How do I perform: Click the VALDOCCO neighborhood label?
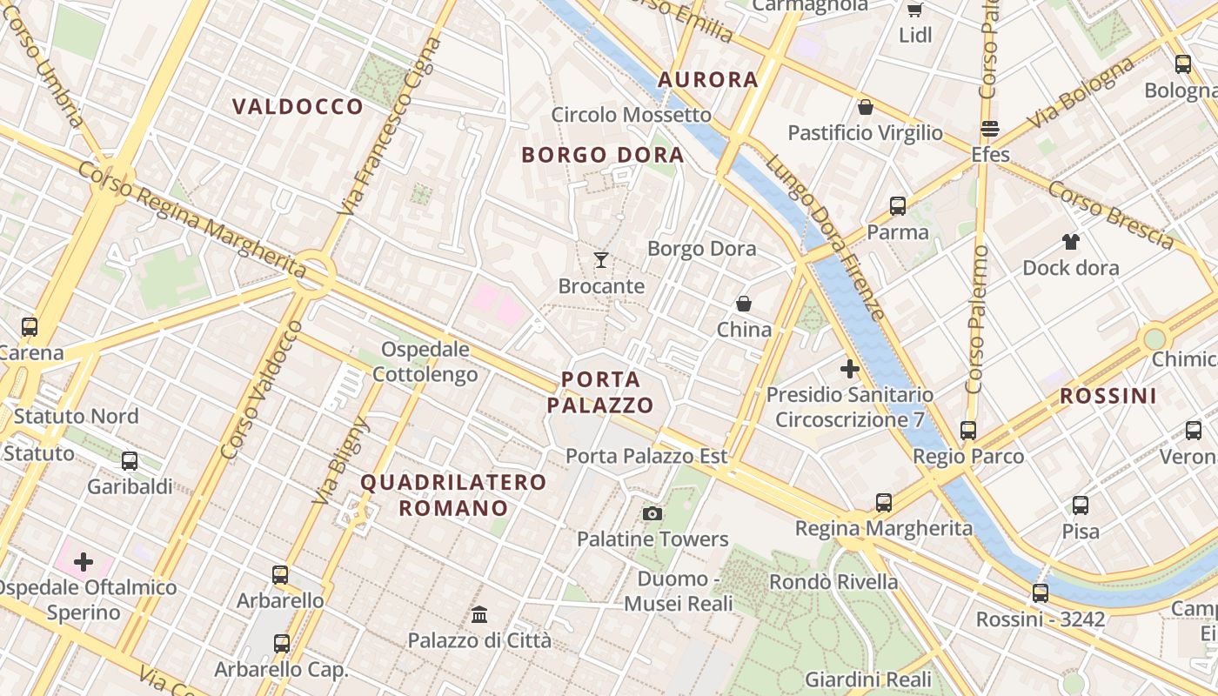pyautogui.click(x=298, y=107)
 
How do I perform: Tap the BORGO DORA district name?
pyautogui.click(x=602, y=156)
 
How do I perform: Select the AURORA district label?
pyautogui.click(x=708, y=80)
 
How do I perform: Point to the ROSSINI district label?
pyautogui.click(x=1108, y=397)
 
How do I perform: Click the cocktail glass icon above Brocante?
pyautogui.click(x=600, y=259)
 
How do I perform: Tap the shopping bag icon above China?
pyautogui.click(x=744, y=304)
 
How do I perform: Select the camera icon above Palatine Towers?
pyautogui.click(x=652, y=513)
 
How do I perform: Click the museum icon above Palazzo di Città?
pyautogui.click(x=479, y=614)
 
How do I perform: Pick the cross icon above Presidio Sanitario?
pyautogui.click(x=850, y=369)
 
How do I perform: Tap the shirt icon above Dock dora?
pyautogui.click(x=1070, y=242)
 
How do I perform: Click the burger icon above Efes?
pyautogui.click(x=990, y=129)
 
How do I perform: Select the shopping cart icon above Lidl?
pyautogui.click(x=914, y=10)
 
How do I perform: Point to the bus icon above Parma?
pyautogui.click(x=898, y=206)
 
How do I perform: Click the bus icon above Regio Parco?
pyautogui.click(x=968, y=430)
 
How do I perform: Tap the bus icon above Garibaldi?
pyautogui.click(x=130, y=461)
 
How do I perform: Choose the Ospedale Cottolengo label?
pyautogui.click(x=425, y=362)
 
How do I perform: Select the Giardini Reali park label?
pyautogui.click(x=867, y=679)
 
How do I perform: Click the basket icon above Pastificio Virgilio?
pyautogui.click(x=866, y=107)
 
